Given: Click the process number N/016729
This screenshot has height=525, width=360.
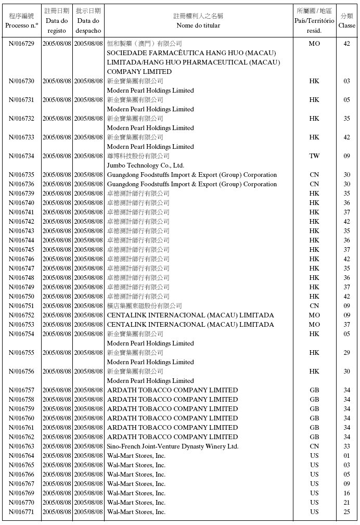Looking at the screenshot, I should [x=21, y=44].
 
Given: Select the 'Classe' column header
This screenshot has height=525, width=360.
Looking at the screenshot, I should [x=346, y=21].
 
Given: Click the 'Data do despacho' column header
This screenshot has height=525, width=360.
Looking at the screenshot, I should [x=88, y=21].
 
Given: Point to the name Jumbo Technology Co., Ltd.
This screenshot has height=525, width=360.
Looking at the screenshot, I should [x=146, y=165].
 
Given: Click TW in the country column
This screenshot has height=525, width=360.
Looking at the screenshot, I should [x=314, y=156].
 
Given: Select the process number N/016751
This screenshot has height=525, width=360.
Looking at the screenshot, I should [x=21, y=306].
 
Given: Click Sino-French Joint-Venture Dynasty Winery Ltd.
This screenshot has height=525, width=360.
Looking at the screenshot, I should [x=173, y=446].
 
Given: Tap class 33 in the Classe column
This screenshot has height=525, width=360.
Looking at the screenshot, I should [x=346, y=446].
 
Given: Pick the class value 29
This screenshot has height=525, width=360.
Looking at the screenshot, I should [x=346, y=353].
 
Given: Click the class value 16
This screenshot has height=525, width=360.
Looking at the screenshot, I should [x=346, y=493].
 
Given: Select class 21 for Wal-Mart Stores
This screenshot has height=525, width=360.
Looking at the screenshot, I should [x=346, y=503].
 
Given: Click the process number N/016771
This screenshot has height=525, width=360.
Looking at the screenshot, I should [x=21, y=512].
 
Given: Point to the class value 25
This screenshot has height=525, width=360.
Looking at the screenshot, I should [x=346, y=512].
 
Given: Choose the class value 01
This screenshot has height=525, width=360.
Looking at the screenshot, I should [x=346, y=456].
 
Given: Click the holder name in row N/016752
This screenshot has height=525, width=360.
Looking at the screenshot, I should [x=190, y=315].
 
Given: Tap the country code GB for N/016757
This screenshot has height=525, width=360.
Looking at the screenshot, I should [x=314, y=390].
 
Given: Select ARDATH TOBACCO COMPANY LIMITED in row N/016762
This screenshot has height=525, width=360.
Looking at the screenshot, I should [x=172, y=437].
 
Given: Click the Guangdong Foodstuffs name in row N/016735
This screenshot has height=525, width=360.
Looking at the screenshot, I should [x=192, y=175].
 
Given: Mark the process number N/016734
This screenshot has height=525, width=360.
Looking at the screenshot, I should [x=21, y=156].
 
